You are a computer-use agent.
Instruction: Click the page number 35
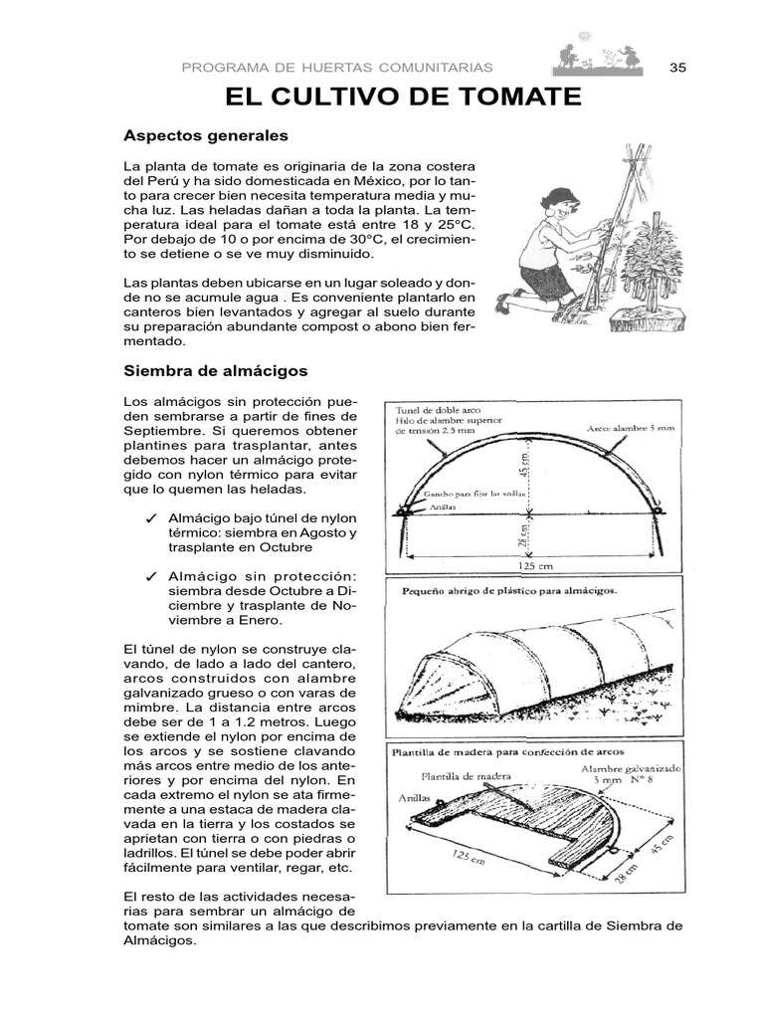[678, 67]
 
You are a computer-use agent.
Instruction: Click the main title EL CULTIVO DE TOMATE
[403, 97]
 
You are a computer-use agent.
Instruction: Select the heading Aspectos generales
[205, 134]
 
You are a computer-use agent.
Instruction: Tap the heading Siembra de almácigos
[215, 370]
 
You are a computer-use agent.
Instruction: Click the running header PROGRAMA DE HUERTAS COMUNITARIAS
[337, 67]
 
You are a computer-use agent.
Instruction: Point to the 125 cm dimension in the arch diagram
[528, 564]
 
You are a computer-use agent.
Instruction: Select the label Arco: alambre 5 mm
[629, 429]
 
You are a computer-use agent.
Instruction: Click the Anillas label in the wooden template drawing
[415, 797]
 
